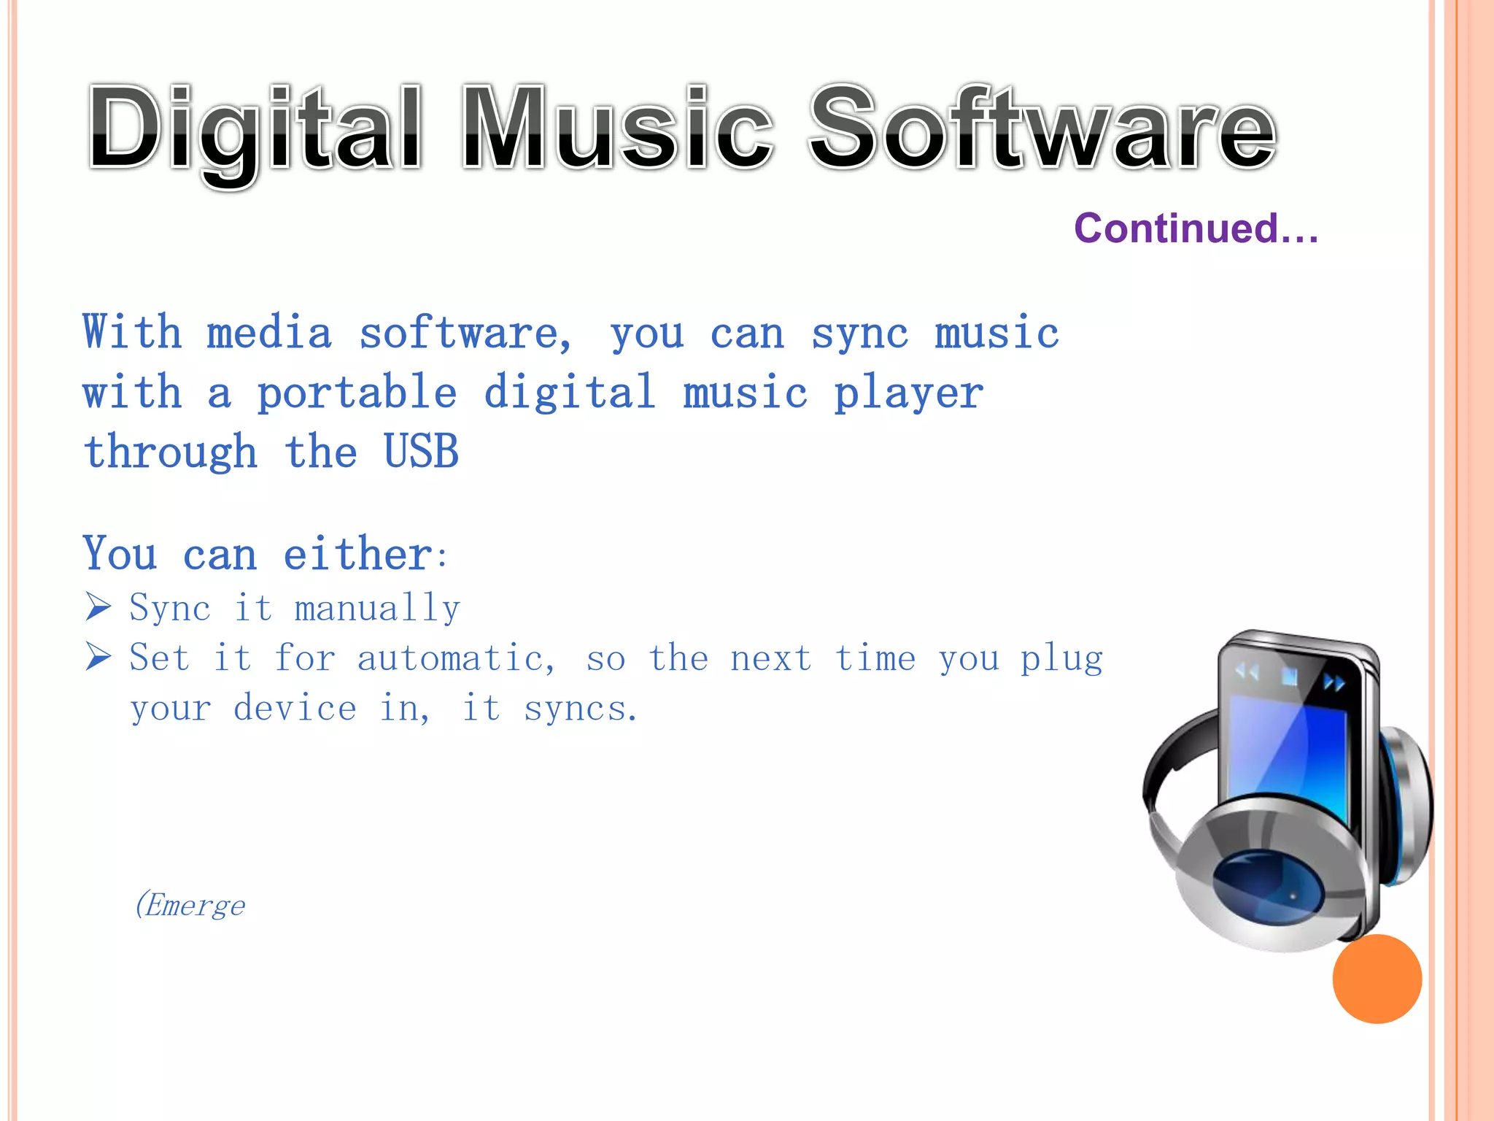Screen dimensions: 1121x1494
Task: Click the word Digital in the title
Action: pos(255,130)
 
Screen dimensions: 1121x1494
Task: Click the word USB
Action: pos(421,452)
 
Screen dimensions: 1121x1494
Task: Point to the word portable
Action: pos(357,394)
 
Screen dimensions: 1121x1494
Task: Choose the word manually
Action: pos(377,609)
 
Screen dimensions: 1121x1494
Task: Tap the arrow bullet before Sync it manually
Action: pos(98,606)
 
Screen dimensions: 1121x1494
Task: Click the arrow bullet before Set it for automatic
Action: pos(98,657)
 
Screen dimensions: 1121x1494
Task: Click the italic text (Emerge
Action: pos(190,906)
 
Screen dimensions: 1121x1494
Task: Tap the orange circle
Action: pos(1377,979)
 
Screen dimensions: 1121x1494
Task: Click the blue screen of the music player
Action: pos(1288,752)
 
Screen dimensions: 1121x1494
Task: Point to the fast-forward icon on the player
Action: pos(1334,683)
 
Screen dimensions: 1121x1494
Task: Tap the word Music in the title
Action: pos(617,130)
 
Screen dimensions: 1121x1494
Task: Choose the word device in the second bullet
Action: pos(295,709)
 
